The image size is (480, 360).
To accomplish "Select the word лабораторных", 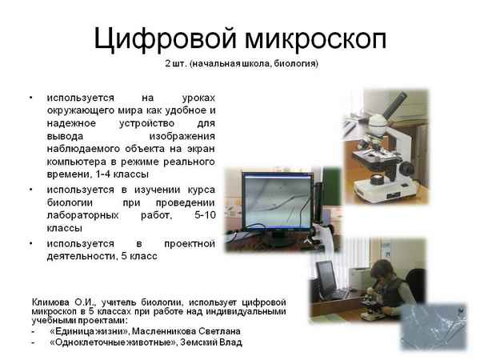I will pos(84,214).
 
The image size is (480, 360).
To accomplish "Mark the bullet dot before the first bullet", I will pos(31,98).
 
